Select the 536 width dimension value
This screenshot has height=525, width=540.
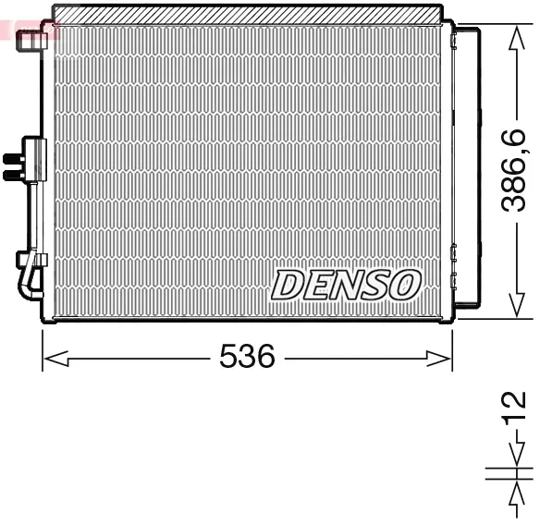point(247,356)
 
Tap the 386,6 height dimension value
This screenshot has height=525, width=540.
point(514,171)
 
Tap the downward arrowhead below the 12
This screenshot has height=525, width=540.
point(515,454)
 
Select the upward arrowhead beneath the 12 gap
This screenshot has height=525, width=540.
point(515,490)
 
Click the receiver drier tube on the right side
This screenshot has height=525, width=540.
point(468,166)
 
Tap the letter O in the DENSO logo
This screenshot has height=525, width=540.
point(405,285)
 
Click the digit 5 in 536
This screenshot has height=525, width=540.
point(227,356)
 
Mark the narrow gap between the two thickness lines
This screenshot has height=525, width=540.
point(515,472)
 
